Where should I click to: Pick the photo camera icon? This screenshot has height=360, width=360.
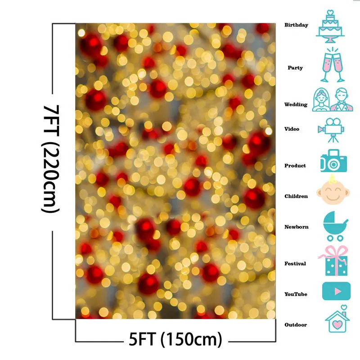(333, 161)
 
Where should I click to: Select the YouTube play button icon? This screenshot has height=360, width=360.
(336, 291)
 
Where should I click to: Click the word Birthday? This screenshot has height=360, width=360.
(296, 25)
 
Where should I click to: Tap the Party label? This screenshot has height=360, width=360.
(295, 68)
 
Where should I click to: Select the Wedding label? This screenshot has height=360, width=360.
(296, 105)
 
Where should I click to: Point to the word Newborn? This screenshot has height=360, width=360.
(296, 227)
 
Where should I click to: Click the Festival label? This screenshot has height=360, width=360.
(295, 264)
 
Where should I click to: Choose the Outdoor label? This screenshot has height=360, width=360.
(296, 325)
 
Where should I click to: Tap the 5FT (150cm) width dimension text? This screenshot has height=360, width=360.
(175, 339)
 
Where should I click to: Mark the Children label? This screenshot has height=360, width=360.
(296, 196)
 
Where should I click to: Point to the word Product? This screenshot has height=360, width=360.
(295, 166)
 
